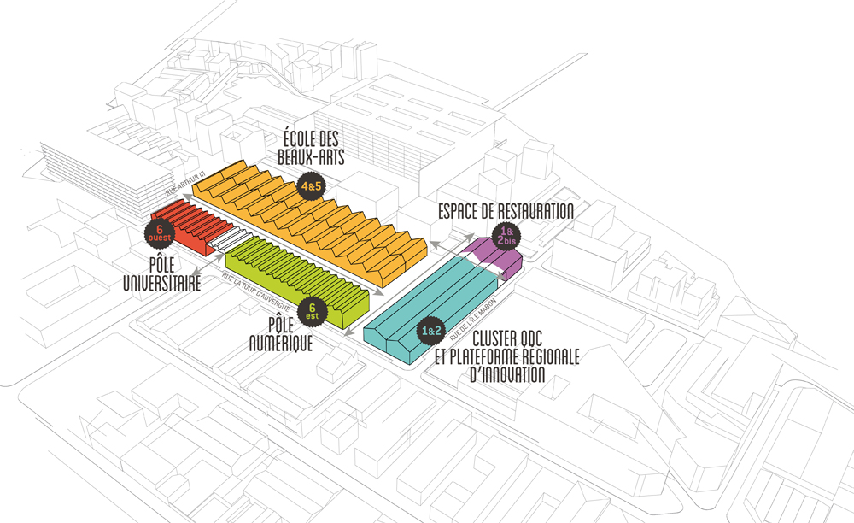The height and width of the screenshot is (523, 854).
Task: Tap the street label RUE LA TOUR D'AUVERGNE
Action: tap(256, 292)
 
